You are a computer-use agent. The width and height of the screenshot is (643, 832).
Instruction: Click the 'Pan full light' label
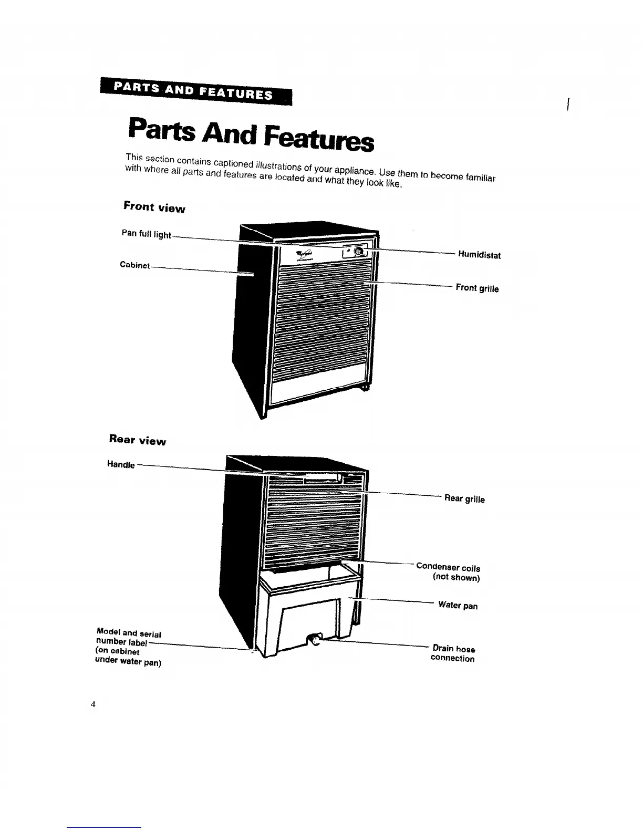[146, 234]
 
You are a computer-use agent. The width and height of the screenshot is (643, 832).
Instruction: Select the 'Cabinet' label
[135, 265]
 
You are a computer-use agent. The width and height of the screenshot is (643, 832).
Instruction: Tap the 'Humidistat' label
[479, 255]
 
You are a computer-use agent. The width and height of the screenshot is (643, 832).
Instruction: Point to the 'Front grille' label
[477, 288]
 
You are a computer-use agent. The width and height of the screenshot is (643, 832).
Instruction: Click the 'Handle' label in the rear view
[121, 464]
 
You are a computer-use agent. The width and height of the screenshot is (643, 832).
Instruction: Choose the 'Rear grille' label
[464, 498]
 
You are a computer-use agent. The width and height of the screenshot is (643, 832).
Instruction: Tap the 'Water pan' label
[458, 605]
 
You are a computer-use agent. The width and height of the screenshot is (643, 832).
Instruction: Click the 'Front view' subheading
[154, 207]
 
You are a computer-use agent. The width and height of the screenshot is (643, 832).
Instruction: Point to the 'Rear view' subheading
[137, 440]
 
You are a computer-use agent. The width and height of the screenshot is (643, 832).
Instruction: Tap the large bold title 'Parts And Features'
[251, 134]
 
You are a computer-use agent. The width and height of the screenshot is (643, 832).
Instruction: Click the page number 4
[92, 704]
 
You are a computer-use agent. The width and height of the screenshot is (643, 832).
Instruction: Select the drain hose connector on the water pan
[313, 639]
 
